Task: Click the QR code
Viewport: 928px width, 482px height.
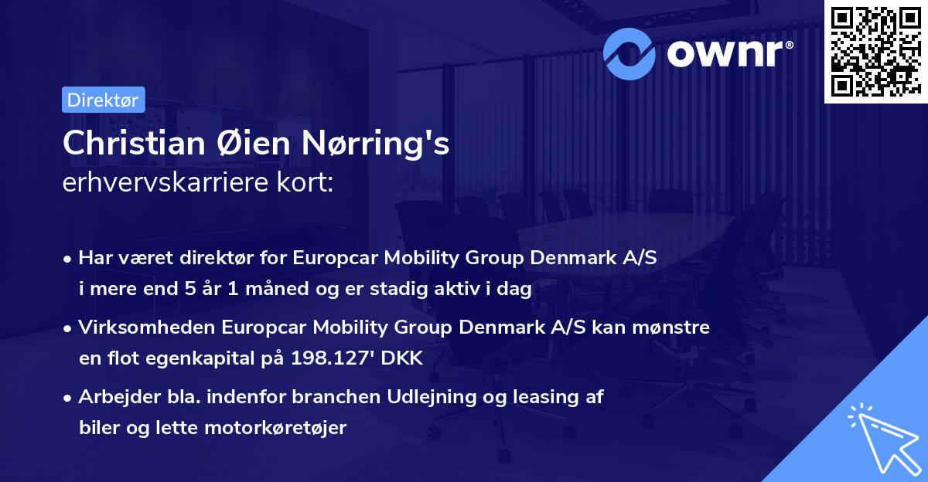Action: [x=875, y=52]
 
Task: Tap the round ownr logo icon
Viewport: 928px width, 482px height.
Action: [x=630, y=53]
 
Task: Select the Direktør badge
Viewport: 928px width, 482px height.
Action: [x=102, y=100]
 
